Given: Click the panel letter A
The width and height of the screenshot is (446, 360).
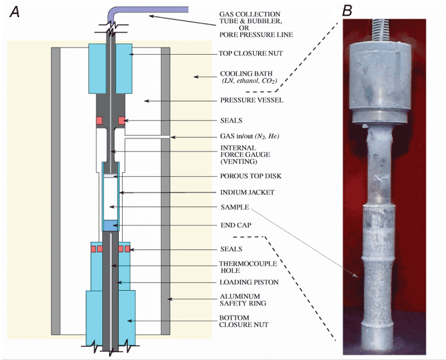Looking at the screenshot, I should click(14, 11).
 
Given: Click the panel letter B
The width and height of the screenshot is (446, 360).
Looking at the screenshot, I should click(347, 11).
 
